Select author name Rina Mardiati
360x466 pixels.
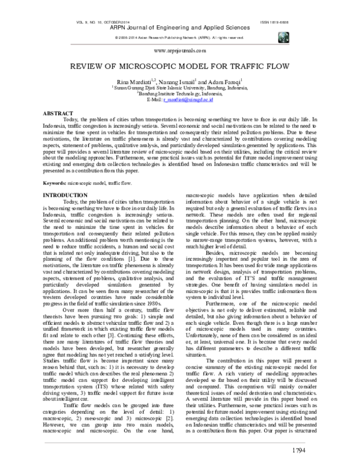tap(139, 80)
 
